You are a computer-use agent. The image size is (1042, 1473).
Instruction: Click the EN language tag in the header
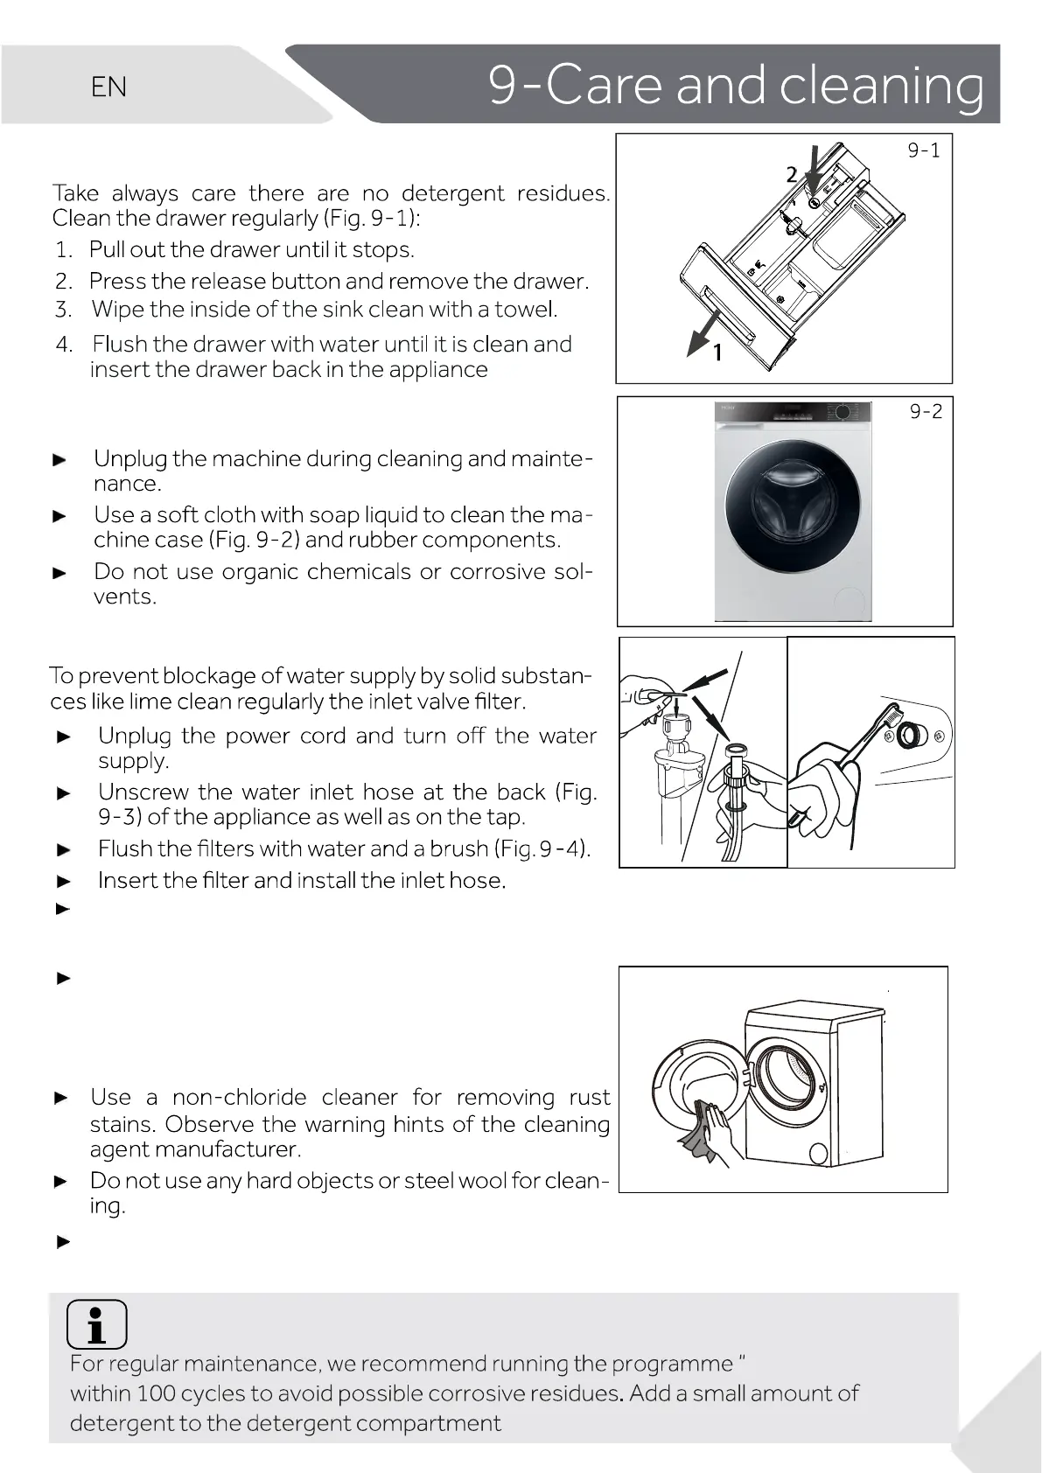pos(108,87)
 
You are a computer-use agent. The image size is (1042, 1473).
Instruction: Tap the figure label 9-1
pos(923,151)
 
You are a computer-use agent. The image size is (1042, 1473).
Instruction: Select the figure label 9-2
pos(926,411)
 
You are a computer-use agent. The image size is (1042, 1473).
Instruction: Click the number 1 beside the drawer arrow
pos(717,353)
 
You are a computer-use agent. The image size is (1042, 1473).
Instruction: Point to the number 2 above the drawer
pos(791,175)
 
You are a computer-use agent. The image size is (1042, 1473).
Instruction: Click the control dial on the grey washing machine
pos(843,412)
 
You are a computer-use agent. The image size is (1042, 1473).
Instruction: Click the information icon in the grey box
pos(96,1324)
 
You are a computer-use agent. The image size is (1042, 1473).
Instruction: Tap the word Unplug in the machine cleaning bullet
pos(130,458)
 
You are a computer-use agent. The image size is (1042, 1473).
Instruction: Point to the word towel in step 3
pos(525,310)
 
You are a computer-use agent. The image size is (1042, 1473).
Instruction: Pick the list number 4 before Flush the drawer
pos(63,345)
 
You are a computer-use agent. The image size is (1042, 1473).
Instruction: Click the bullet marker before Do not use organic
pos(60,574)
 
